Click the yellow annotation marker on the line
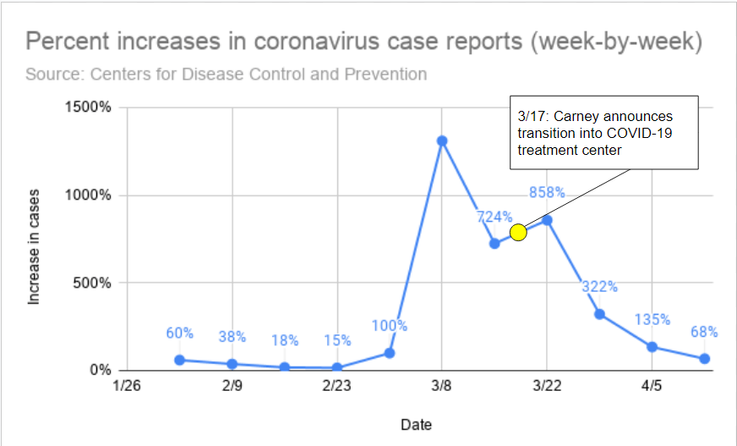[x=518, y=232]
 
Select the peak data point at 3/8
[x=442, y=141]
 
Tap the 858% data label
[x=547, y=192]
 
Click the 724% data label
[x=494, y=217]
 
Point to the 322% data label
[x=599, y=286]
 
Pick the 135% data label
[x=652, y=320]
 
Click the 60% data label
[x=179, y=333]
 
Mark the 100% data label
[x=389, y=326]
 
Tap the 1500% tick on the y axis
[x=90, y=107]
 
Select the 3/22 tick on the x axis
[x=547, y=387]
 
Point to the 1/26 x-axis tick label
[x=127, y=387]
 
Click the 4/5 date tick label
[x=652, y=387]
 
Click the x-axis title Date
[x=416, y=423]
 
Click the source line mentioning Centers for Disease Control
[x=226, y=74]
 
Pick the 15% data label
[x=336, y=340]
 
